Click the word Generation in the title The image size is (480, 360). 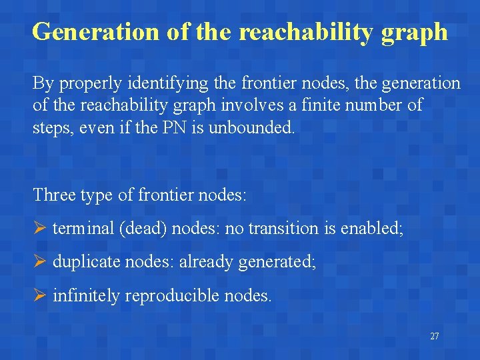pos(95,31)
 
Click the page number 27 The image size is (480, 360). pos(434,336)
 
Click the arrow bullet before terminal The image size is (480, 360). pos(39,229)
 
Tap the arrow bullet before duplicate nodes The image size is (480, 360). pos(39,262)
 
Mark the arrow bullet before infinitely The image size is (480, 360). pos(39,295)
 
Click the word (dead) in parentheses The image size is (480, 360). pos(143,229)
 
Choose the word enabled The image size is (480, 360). pos(372,229)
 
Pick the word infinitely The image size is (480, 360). pos(85,295)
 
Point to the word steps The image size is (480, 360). pos(51,127)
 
